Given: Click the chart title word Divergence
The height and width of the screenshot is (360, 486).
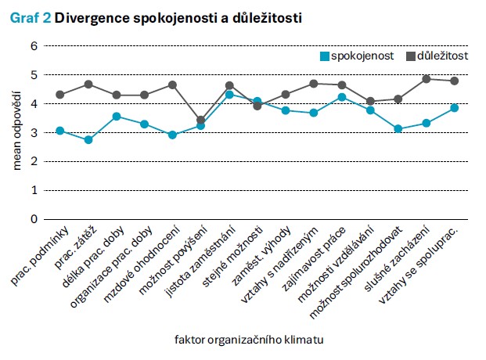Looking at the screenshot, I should tap(93, 16).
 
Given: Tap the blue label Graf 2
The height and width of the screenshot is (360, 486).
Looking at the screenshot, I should tap(31, 16).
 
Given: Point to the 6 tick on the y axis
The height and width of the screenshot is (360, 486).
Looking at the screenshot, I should tap(34, 46).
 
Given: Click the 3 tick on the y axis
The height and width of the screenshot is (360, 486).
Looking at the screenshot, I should tap(34, 133).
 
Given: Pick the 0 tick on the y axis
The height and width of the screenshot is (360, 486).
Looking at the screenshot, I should tap(34, 219).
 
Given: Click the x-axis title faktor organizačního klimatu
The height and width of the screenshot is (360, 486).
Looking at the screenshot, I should tap(249, 340).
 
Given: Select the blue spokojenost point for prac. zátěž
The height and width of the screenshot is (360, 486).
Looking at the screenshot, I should tap(88, 139).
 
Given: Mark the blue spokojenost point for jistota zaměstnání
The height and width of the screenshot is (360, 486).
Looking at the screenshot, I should tap(229, 95).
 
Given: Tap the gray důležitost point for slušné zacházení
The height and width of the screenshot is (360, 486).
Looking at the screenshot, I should tap(427, 79).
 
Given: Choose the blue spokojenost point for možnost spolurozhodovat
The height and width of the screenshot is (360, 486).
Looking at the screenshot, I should tap(398, 128).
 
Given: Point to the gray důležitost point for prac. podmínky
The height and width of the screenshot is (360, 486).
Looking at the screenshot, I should tap(60, 95).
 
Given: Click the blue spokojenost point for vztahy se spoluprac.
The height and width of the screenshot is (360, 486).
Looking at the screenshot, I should tap(454, 108).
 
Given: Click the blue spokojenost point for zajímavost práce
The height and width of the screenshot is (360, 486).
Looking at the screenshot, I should tap(342, 97).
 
